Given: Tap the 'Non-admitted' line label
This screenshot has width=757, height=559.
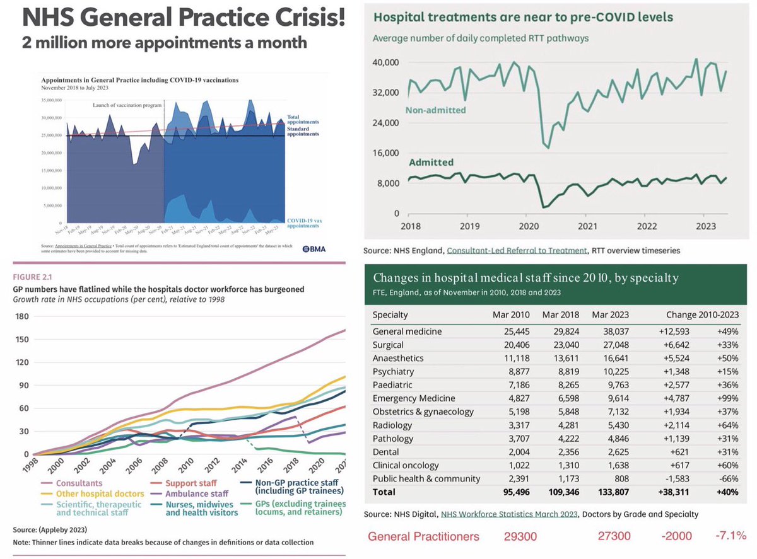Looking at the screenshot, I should (x=435, y=110).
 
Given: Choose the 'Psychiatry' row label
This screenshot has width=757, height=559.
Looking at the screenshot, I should (x=392, y=371).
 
